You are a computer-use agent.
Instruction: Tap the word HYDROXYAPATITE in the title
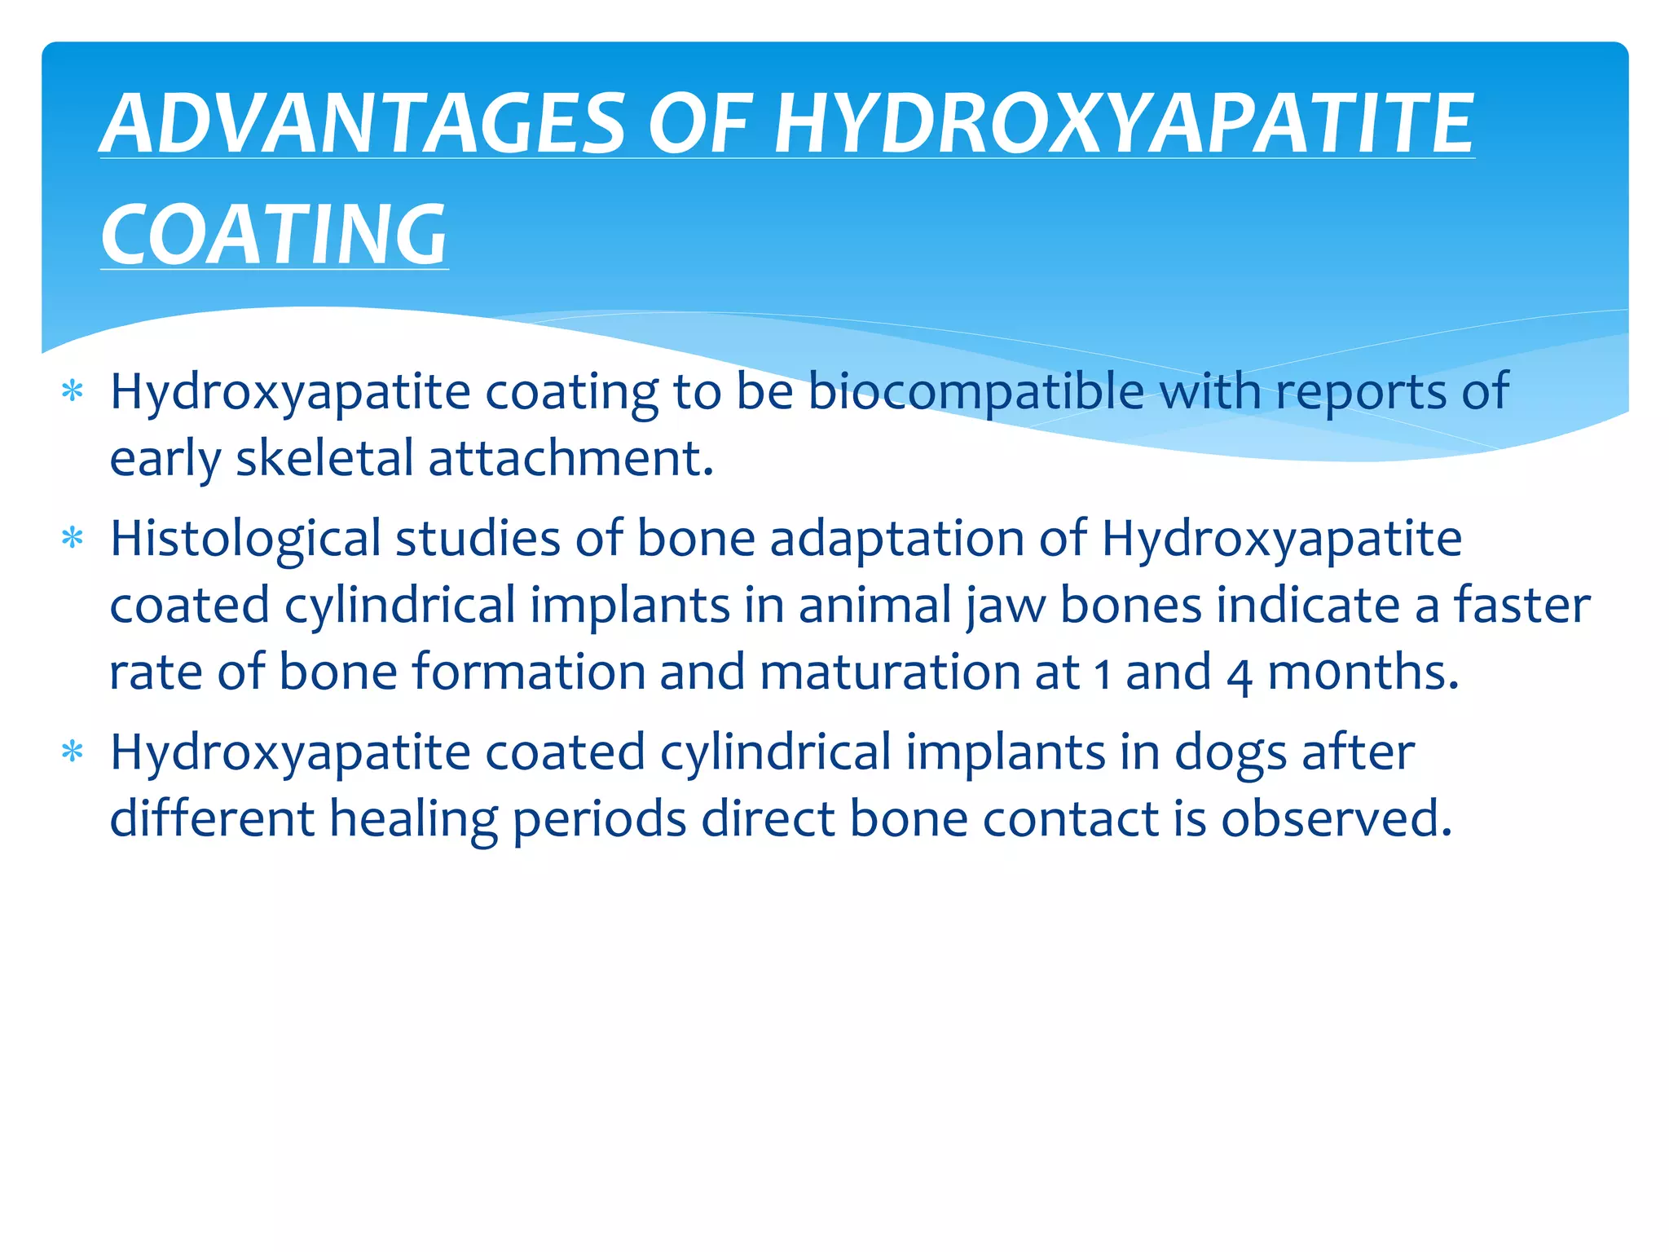click(x=1124, y=124)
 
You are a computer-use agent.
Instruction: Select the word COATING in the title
click(x=274, y=236)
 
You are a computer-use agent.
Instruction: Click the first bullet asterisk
click(x=73, y=392)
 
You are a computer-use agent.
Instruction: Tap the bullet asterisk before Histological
click(x=73, y=539)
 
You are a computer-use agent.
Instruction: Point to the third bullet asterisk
click(x=73, y=752)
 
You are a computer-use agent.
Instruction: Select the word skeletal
click(x=324, y=458)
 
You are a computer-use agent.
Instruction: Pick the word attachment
click(x=570, y=458)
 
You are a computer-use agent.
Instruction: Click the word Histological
click(x=245, y=539)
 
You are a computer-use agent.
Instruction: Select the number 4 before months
click(x=1239, y=674)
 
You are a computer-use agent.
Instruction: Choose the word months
click(x=1363, y=672)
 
